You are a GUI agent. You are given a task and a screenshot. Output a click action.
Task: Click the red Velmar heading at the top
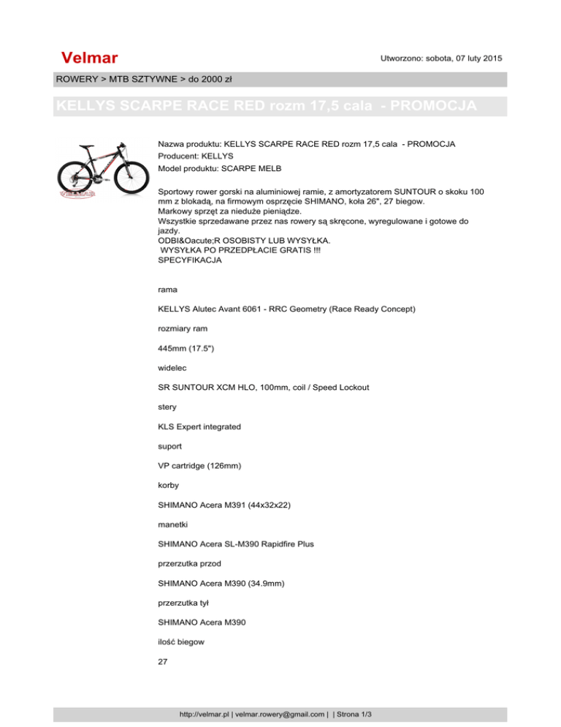click(90, 58)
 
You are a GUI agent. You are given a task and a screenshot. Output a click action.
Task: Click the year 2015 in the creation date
click(491, 58)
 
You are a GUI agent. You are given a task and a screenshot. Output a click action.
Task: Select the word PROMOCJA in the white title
click(433, 106)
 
